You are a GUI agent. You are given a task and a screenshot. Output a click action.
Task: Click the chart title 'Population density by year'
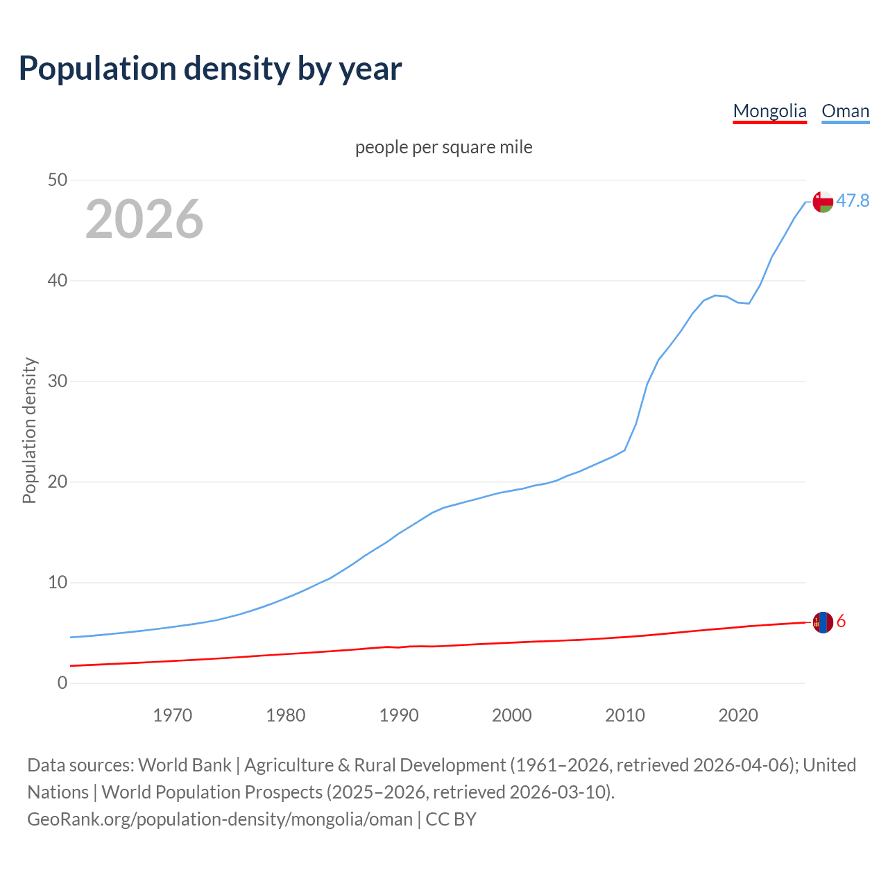210,68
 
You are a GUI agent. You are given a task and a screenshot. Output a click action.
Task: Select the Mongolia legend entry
769,111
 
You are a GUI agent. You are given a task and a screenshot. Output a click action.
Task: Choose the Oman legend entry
845,111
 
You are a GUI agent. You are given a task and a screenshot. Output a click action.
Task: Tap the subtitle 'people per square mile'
443,147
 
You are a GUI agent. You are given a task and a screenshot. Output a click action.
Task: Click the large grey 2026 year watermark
144,219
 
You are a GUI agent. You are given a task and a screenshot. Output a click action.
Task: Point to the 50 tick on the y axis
58,180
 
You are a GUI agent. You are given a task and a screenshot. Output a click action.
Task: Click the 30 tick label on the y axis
58,382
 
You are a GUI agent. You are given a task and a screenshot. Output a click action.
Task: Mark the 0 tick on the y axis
62,683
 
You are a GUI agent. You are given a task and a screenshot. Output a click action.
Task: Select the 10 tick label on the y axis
58,583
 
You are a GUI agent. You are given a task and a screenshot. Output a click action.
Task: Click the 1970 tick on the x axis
173,715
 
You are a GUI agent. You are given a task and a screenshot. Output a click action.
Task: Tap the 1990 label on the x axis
399,715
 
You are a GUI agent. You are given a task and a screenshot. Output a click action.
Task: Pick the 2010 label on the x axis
625,715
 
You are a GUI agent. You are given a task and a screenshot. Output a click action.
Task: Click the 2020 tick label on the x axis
738,715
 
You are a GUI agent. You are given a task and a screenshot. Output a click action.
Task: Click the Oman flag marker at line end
823,202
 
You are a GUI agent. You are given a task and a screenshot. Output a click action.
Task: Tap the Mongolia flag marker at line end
823,622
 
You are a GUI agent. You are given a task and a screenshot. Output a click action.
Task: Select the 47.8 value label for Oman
853,201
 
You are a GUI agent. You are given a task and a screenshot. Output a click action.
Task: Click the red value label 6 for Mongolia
841,622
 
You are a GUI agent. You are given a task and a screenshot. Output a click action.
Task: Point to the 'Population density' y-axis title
29,430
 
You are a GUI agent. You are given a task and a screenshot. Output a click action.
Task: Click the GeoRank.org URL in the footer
220,819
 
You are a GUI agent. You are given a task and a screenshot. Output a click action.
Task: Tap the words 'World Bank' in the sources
185,765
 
